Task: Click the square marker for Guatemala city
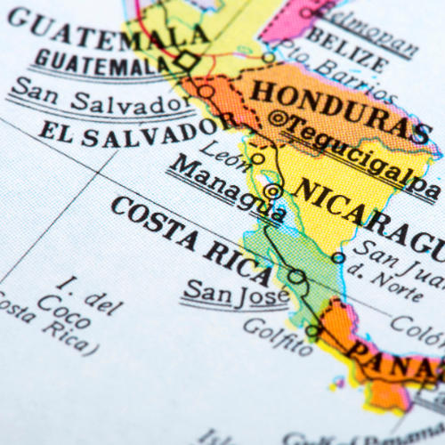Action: coord(186,61)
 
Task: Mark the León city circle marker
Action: coord(257,159)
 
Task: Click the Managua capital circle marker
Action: coord(273,190)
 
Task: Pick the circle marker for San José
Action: coord(295,276)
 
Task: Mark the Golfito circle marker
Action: coord(312,331)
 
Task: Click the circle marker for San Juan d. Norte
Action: coord(338,257)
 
